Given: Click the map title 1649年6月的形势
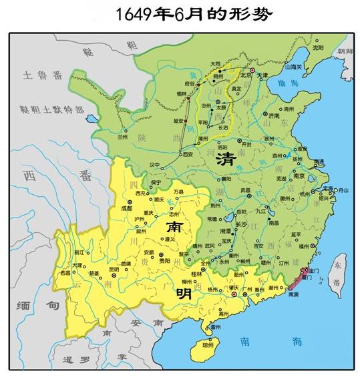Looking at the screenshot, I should coord(180,13).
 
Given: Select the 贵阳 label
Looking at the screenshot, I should coord(156,261).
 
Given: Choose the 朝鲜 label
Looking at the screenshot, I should coord(345,51).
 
